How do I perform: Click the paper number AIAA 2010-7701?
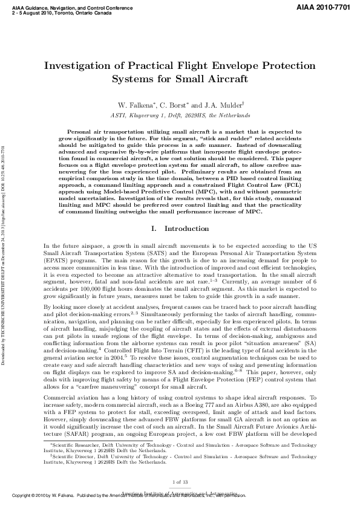click(x=324, y=5)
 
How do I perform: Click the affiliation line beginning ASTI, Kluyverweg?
click(x=180, y=114)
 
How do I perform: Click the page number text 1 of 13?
click(x=180, y=498)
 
